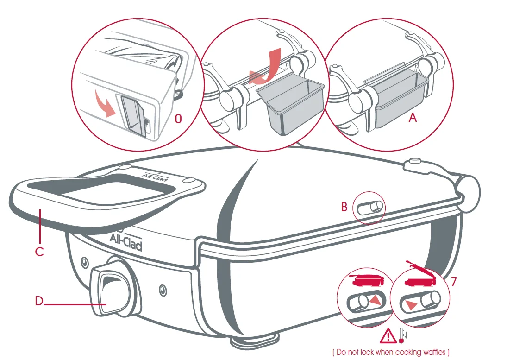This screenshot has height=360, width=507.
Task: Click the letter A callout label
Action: click(x=413, y=117)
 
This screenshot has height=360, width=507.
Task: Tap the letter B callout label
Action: click(x=344, y=207)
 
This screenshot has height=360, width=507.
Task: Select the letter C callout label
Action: click(x=39, y=252)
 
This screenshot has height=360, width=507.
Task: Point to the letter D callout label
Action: click(x=39, y=301)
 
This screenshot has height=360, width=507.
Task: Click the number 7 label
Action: click(x=454, y=282)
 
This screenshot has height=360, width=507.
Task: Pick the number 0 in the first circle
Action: click(x=178, y=119)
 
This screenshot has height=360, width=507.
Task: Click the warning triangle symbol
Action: click(x=388, y=336)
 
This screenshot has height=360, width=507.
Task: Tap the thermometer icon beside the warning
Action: click(x=403, y=335)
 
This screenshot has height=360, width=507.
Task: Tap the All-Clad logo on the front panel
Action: click(x=126, y=241)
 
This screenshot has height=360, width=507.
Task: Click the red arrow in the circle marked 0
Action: click(x=106, y=103)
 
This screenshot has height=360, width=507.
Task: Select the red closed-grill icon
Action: click(x=367, y=280)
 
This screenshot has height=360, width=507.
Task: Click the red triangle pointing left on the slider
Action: click(x=411, y=305)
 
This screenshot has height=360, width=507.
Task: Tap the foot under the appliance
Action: click(x=254, y=341)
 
